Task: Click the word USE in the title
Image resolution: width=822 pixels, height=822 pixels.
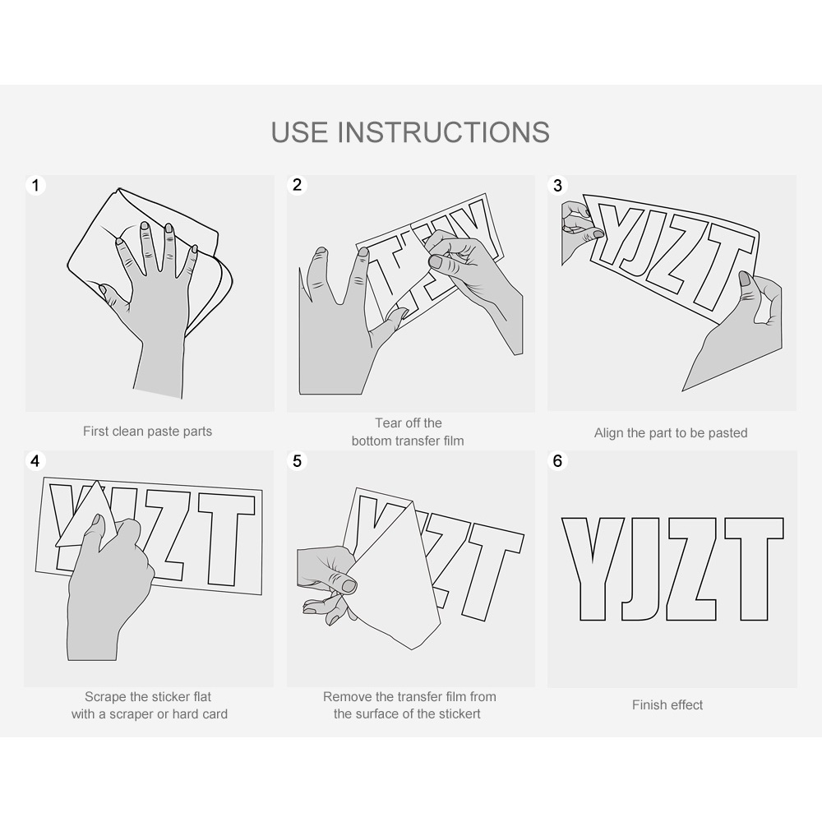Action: coord(299,132)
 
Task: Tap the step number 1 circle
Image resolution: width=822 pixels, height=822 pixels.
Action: coord(35,185)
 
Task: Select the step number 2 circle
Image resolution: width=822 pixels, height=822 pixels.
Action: coord(298,184)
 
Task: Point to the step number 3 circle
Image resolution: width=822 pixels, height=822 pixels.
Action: coord(558,185)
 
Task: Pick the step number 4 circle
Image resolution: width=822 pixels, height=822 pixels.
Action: coord(35,461)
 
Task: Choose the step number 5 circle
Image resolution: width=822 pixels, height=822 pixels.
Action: coord(298,461)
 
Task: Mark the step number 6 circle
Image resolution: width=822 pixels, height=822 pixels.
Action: coord(558,461)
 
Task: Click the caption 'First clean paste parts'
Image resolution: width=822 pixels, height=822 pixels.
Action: coord(147,432)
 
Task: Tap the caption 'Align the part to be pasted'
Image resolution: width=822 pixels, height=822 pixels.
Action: coord(671,433)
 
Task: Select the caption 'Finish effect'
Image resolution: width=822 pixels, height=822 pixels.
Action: coord(667,705)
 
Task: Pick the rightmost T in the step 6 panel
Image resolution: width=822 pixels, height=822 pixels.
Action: coord(755,569)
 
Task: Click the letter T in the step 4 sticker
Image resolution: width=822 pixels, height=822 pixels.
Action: coord(226,540)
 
